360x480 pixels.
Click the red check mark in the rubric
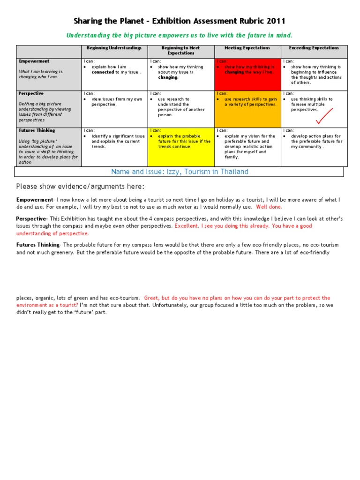(324, 116)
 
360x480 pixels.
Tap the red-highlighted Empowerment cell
(247, 75)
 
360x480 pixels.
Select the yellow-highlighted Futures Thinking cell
(180, 146)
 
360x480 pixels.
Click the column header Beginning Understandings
(114, 48)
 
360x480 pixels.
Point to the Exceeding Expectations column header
(314, 48)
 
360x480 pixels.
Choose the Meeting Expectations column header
(247, 48)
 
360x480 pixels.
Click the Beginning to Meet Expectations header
(180, 51)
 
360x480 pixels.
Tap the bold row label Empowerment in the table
(34, 61)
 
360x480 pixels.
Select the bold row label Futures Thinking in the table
(37, 130)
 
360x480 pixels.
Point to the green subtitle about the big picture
(180, 35)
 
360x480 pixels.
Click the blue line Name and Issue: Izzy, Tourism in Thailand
(180, 172)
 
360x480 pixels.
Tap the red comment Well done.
(269, 207)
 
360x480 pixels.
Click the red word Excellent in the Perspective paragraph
(187, 226)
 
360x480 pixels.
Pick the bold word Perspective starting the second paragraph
(30, 219)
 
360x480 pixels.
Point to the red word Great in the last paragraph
(151, 298)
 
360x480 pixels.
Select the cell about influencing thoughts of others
(314, 75)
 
